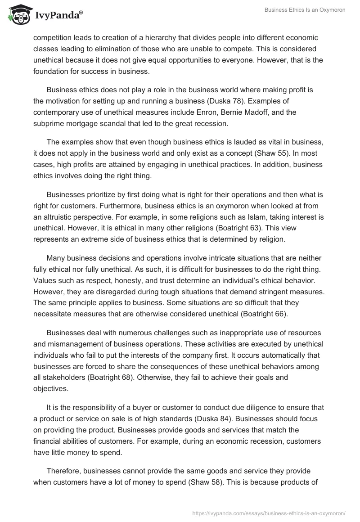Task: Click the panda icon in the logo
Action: (x=18, y=15)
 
